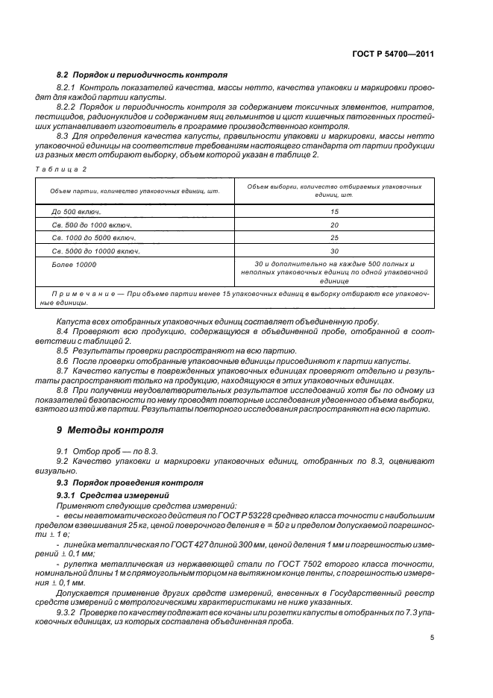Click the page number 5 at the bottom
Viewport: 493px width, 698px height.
tap(433, 638)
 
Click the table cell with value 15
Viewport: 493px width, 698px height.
tap(334, 211)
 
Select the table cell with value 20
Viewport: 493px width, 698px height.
tap(334, 224)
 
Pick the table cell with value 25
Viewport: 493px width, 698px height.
tap(334, 238)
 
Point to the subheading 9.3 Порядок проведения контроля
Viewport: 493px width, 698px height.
tap(119, 483)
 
